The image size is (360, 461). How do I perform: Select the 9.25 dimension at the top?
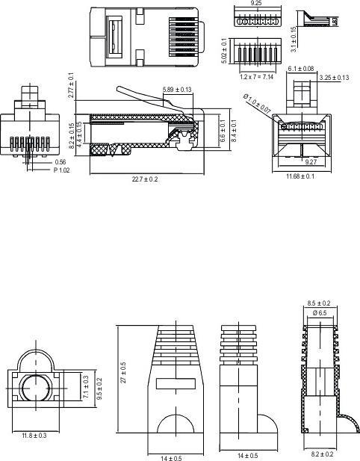(x=256, y=4)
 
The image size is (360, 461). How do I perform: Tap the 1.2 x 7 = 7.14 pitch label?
(x=255, y=77)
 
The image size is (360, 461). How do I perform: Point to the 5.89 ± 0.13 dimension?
(x=177, y=90)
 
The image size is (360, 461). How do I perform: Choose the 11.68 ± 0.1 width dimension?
(x=300, y=176)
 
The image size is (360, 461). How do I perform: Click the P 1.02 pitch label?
(x=63, y=170)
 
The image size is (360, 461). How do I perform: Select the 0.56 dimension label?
(x=60, y=161)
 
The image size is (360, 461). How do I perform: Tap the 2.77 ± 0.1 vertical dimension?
(x=71, y=85)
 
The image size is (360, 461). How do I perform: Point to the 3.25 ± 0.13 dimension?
(x=334, y=78)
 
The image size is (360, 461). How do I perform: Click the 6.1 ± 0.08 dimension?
(x=300, y=69)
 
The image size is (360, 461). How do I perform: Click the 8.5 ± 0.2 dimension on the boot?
(x=319, y=303)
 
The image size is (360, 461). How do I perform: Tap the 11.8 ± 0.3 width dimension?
(x=34, y=435)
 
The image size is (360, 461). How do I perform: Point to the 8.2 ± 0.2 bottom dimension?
(x=321, y=454)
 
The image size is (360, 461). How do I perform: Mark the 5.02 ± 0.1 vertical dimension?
(x=224, y=51)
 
